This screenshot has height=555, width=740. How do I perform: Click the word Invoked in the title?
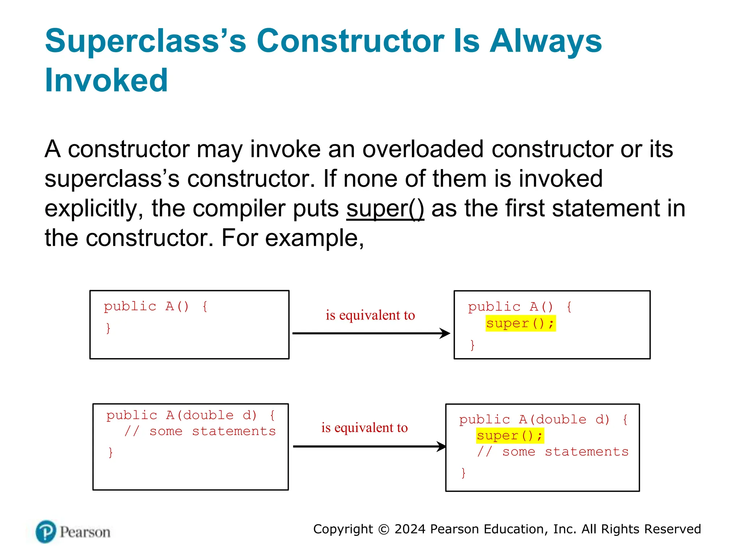106,80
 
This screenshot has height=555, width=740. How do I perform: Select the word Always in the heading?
546,41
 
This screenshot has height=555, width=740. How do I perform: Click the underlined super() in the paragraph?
385,208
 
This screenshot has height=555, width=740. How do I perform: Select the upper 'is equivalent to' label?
370,315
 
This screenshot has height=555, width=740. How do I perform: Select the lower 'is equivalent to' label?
364,428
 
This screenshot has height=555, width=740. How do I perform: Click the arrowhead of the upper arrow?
446,333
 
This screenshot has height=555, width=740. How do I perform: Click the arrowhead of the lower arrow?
442,447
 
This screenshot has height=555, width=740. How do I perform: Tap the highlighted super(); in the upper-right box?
520,323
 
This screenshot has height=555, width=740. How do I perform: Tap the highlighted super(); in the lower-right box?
510,435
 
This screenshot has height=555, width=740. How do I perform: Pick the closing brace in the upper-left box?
108,328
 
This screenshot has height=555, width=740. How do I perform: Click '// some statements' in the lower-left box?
200,431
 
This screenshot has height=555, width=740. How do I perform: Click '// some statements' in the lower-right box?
553,452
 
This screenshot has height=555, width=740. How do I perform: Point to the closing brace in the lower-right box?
463,473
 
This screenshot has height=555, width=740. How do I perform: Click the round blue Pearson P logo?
46,532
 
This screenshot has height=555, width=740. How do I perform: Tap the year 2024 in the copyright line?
410,529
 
